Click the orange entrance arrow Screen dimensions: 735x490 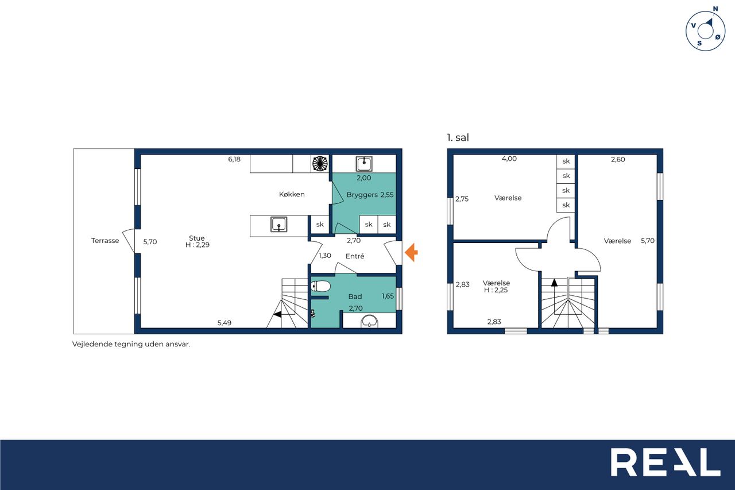tap(411, 252)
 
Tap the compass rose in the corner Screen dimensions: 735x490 tap(705, 30)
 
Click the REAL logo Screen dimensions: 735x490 tap(666, 462)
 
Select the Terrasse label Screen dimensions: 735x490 tap(105, 241)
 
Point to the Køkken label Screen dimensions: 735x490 tap(292, 194)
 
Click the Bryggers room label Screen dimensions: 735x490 tap(362, 195)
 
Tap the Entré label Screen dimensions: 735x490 tap(355, 256)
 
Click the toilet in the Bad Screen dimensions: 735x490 tap(320, 286)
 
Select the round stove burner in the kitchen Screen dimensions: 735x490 tap(320, 164)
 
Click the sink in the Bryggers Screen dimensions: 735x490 tap(364, 164)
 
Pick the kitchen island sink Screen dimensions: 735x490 tap(279, 224)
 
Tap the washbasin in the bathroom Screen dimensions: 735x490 tap(369, 322)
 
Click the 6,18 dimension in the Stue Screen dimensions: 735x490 tap(234, 159)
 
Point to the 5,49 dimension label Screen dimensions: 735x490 tap(225, 323)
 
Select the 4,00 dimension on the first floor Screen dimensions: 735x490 tap(509, 159)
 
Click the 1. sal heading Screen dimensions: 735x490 tap(458, 137)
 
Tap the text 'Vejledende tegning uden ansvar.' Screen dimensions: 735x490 tap(131, 344)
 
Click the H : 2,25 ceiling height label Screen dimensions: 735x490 tap(496, 290)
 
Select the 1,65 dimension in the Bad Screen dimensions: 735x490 tap(388, 296)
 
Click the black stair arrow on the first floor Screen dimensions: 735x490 tap(554, 282)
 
